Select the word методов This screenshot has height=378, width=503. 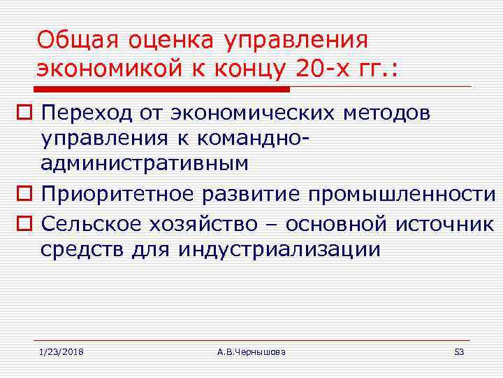tap(388, 112)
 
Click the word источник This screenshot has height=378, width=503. tap(444, 224)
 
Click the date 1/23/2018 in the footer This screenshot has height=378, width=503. tap(61, 351)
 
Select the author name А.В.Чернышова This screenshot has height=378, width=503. tap(251, 351)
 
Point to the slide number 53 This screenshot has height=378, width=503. tap(459, 351)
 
